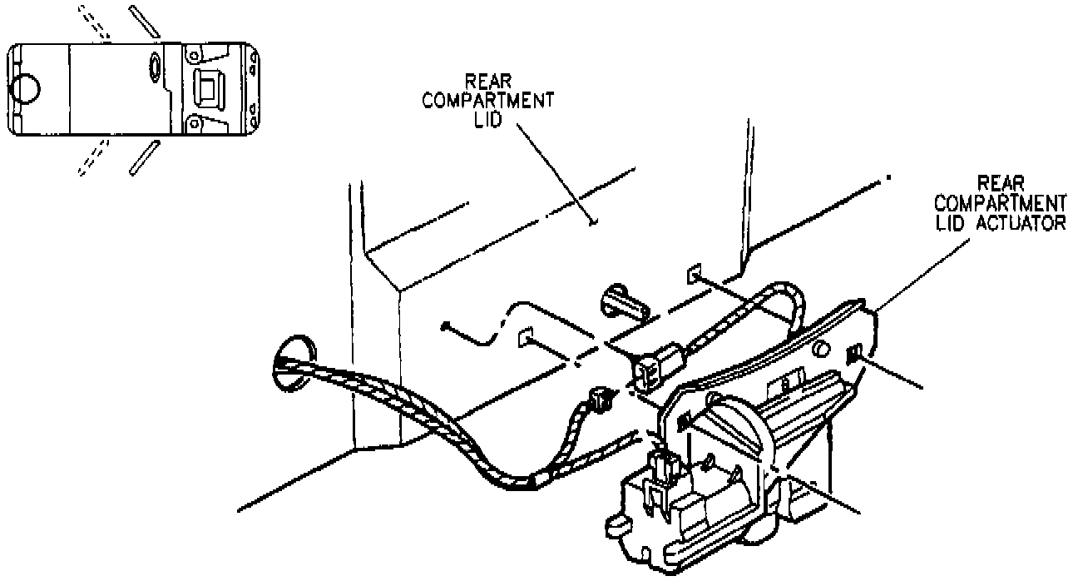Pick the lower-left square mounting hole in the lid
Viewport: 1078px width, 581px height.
(x=524, y=338)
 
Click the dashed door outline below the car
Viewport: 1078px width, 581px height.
(x=93, y=158)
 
